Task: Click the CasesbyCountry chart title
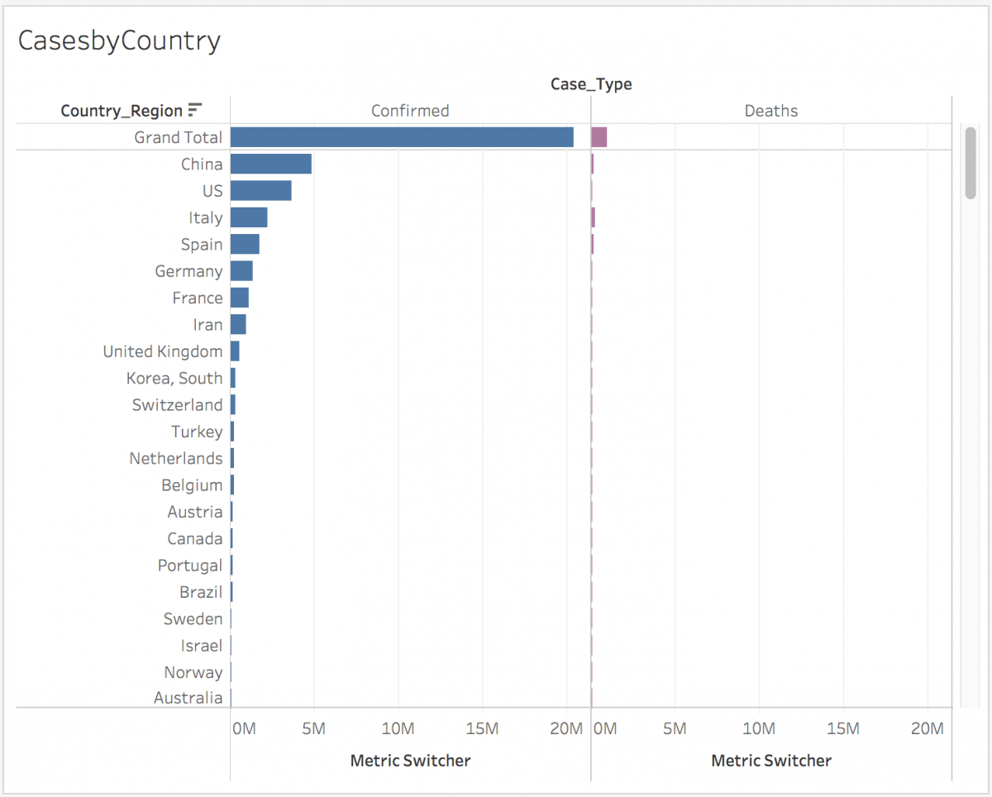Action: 119,41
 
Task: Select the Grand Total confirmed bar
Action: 402,137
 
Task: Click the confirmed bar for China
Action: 271,164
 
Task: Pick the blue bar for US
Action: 261,191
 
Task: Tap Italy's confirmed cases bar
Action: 249,217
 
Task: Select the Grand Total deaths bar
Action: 599,137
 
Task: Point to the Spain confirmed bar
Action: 245,244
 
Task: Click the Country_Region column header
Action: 122,111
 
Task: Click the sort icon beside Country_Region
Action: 195,110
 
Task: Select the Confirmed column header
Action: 410,111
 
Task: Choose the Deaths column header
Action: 771,111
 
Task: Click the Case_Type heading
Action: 591,84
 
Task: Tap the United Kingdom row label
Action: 163,351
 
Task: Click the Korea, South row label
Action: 174,378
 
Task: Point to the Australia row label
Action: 188,698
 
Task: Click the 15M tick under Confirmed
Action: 482,728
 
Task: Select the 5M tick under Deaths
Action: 675,728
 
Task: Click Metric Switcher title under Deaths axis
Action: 771,761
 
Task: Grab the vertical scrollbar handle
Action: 971,163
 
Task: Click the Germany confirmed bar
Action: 241,271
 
